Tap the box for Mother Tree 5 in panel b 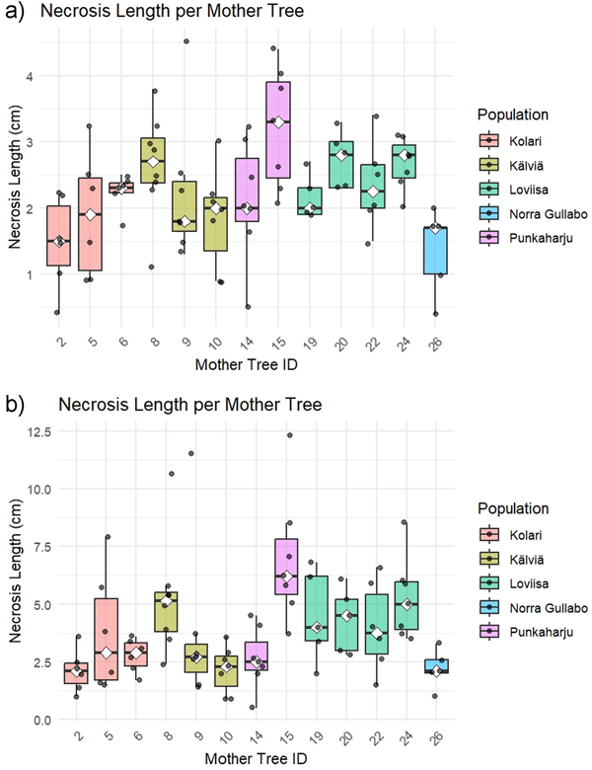tap(106, 641)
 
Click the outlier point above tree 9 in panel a tap(186, 41)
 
